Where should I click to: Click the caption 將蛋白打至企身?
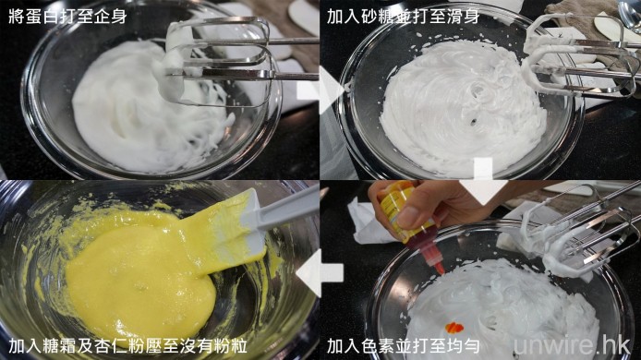[67, 17]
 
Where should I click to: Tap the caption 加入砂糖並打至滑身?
[403, 17]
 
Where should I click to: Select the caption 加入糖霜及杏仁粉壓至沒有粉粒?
[127, 346]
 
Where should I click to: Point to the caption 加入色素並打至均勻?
[403, 346]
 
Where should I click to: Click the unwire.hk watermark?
[572, 346]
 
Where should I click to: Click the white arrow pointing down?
[483, 181]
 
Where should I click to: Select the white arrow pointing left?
[320, 272]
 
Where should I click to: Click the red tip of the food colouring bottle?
[440, 268]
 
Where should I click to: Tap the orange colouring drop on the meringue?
[454, 328]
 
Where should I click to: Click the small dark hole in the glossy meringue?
[473, 121]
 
